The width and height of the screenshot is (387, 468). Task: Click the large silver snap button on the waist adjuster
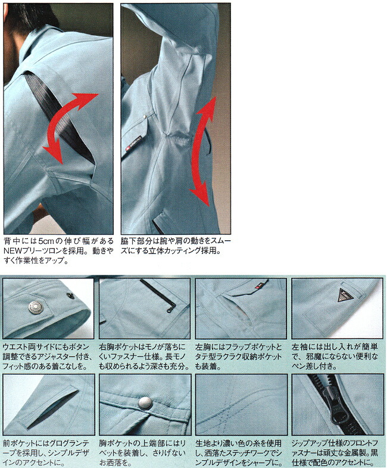point(35,306)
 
